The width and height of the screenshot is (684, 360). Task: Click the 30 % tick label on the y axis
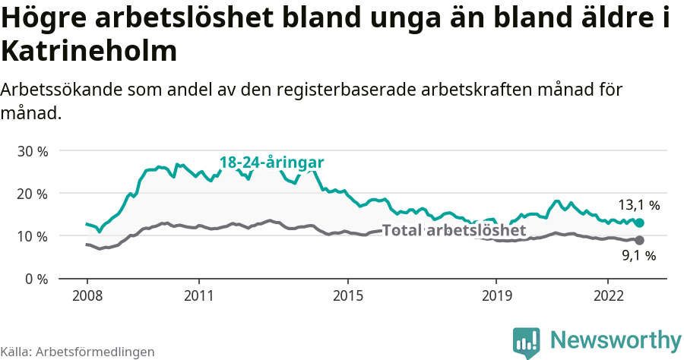pos(32,151)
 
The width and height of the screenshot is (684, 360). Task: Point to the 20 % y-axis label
pos(32,194)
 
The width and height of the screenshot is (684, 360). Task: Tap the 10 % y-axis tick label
pos(32,236)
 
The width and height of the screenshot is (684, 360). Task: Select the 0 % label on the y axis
pos(36,279)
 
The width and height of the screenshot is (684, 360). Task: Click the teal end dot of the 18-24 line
pos(639,223)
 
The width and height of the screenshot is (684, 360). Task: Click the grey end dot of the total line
pos(639,240)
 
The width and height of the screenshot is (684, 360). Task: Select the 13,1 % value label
pos(638,205)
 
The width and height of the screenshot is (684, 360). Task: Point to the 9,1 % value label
pos(638,256)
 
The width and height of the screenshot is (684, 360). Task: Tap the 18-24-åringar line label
pos(271,163)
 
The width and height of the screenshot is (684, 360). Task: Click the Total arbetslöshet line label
pos(454,230)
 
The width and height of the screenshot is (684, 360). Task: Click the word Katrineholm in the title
pos(89,52)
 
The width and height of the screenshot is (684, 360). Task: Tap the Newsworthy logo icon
pos(527,343)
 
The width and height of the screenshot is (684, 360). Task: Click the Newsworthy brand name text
pos(616,339)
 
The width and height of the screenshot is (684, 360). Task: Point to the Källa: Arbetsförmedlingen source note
pos(78,352)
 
